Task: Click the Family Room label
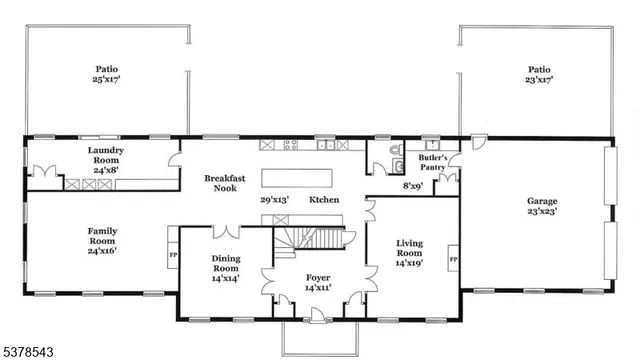[x=102, y=235]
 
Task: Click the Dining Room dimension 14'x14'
[x=226, y=279]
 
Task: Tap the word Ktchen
[x=323, y=200]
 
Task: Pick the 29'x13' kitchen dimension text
[x=275, y=200]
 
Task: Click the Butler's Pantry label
[x=432, y=162]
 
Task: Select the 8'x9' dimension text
[x=412, y=186]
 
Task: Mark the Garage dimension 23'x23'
[x=542, y=211]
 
